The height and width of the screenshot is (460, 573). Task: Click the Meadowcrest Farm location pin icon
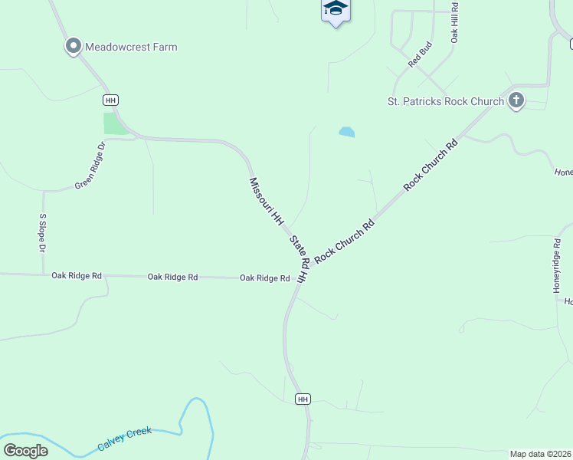[x=74, y=47]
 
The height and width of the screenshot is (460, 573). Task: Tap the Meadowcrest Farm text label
[x=131, y=47]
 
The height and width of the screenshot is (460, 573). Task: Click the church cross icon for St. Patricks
[x=516, y=100]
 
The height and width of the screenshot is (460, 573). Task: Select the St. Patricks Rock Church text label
[x=446, y=101]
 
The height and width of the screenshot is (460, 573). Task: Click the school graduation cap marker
[x=335, y=9]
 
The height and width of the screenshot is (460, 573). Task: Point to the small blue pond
[x=346, y=132]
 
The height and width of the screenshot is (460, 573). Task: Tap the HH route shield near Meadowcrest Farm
[x=111, y=100]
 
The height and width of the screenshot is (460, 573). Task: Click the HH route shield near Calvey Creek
[x=303, y=399]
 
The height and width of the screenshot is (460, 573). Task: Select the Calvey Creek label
[x=125, y=439]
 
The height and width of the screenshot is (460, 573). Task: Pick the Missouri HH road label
[x=266, y=200]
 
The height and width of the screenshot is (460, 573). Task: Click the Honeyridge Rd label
[x=557, y=264]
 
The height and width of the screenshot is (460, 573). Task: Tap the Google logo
[x=25, y=450]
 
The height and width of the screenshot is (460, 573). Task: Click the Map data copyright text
[x=540, y=454]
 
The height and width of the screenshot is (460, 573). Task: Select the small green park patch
[x=115, y=123]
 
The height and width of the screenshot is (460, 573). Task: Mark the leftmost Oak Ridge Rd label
[x=77, y=275]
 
